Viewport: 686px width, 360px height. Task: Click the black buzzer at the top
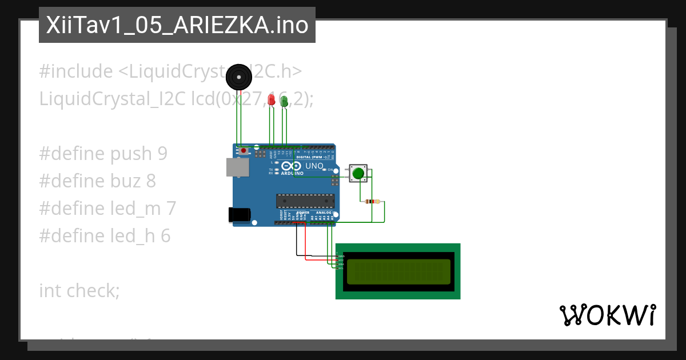click(238, 77)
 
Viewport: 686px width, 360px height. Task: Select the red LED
click(271, 100)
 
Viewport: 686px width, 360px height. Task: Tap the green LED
click(284, 101)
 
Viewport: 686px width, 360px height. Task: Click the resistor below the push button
click(372, 202)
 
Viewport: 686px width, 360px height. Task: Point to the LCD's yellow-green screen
click(398, 271)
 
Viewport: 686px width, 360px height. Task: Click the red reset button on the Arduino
click(244, 151)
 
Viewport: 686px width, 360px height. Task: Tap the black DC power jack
click(239, 214)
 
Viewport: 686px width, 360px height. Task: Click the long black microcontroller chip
click(305, 201)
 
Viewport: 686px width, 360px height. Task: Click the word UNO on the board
click(314, 166)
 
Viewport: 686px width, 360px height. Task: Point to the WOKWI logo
click(607, 315)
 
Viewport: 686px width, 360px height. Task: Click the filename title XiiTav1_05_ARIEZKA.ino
click(177, 25)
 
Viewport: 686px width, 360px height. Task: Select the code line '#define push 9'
click(103, 154)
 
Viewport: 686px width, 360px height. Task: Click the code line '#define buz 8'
click(97, 181)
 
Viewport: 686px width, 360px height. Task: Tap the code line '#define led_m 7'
click(107, 209)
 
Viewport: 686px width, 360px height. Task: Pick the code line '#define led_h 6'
click(105, 236)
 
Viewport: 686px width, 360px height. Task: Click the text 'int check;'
click(79, 291)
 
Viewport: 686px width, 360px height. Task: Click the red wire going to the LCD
click(306, 246)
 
